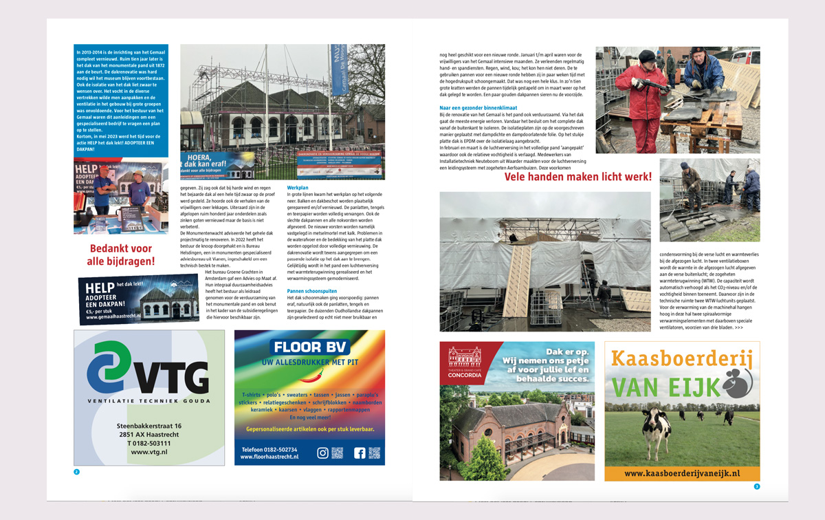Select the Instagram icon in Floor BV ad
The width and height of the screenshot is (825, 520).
(322, 453)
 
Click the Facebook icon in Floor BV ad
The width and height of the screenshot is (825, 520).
(360, 453)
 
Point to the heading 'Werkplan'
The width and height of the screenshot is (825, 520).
(298, 187)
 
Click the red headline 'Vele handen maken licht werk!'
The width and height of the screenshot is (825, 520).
(577, 177)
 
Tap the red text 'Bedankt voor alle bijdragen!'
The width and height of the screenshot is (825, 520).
(121, 254)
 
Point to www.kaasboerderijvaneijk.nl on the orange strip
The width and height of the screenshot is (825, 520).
(682, 473)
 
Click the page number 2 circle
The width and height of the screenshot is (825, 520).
(77, 472)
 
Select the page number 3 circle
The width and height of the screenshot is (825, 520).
(756, 486)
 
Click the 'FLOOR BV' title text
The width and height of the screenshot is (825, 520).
(309, 347)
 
